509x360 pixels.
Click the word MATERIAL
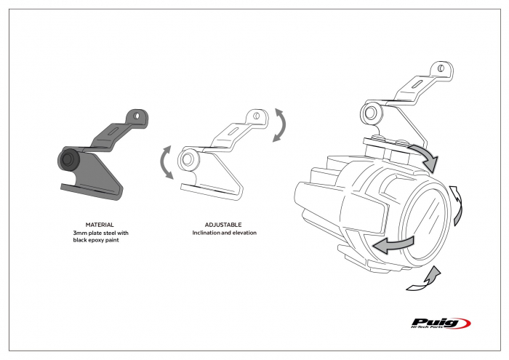coord(98,225)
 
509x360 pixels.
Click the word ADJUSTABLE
coord(224,225)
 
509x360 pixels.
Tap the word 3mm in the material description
coord(81,233)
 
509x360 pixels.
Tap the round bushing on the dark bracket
coord(70,159)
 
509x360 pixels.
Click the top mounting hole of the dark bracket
coord(136,117)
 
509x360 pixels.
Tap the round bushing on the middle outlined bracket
coord(188,159)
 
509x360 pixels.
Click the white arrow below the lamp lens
coord(425,280)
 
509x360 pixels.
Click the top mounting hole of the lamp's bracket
coord(441,70)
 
